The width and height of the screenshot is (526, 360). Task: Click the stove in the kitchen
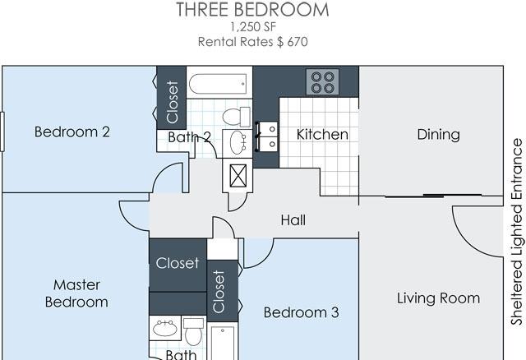point(322,82)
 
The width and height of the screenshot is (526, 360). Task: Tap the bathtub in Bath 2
point(219,84)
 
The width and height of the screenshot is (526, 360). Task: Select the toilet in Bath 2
point(237,117)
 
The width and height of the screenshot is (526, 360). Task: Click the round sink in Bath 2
point(238,142)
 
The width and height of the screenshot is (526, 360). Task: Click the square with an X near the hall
point(238,175)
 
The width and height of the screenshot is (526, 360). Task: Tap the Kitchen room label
point(322,135)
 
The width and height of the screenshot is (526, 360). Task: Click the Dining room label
point(438,135)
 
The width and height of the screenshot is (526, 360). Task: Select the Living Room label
point(438,298)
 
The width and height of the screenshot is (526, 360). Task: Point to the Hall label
point(293,220)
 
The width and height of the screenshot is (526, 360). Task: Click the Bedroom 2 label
point(72,132)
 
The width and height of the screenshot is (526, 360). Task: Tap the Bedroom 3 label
point(302,312)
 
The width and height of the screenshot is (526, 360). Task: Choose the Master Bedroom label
point(76,293)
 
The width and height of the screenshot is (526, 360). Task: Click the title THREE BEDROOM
point(252,9)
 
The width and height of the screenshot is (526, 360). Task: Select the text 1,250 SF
point(253,27)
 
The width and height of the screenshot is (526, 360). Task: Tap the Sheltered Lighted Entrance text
point(517,232)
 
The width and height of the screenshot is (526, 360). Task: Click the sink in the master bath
point(165,328)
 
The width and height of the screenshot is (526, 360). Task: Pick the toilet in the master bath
point(194,331)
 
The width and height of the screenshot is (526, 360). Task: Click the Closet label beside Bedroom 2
point(172,102)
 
